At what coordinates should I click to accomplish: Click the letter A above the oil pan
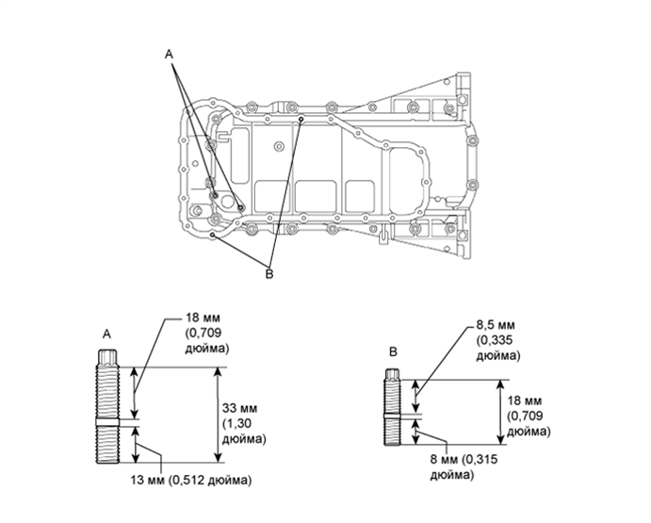click(170, 57)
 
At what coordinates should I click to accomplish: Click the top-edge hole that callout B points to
click(300, 121)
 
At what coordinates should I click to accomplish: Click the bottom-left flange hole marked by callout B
click(216, 232)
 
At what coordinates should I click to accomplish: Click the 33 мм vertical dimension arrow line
click(219, 415)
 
